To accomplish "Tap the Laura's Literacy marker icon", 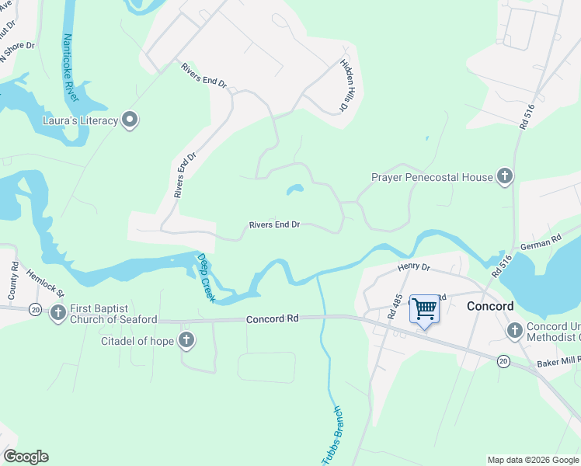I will [x=130, y=120].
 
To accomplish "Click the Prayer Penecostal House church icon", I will [x=504, y=177].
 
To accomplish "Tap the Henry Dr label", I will [x=414, y=267].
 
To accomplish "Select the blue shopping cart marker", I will [x=424, y=309].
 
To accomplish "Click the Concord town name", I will [x=489, y=306].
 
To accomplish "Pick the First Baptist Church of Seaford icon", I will [x=58, y=314].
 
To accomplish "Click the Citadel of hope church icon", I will [x=186, y=340].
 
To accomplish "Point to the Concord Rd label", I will [x=273, y=319].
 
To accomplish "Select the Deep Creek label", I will [x=207, y=276].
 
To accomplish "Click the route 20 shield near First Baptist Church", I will [x=36, y=309].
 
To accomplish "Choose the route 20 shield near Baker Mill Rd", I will [x=503, y=360].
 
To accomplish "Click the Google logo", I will [x=26, y=457].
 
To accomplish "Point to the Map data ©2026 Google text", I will [x=532, y=460].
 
